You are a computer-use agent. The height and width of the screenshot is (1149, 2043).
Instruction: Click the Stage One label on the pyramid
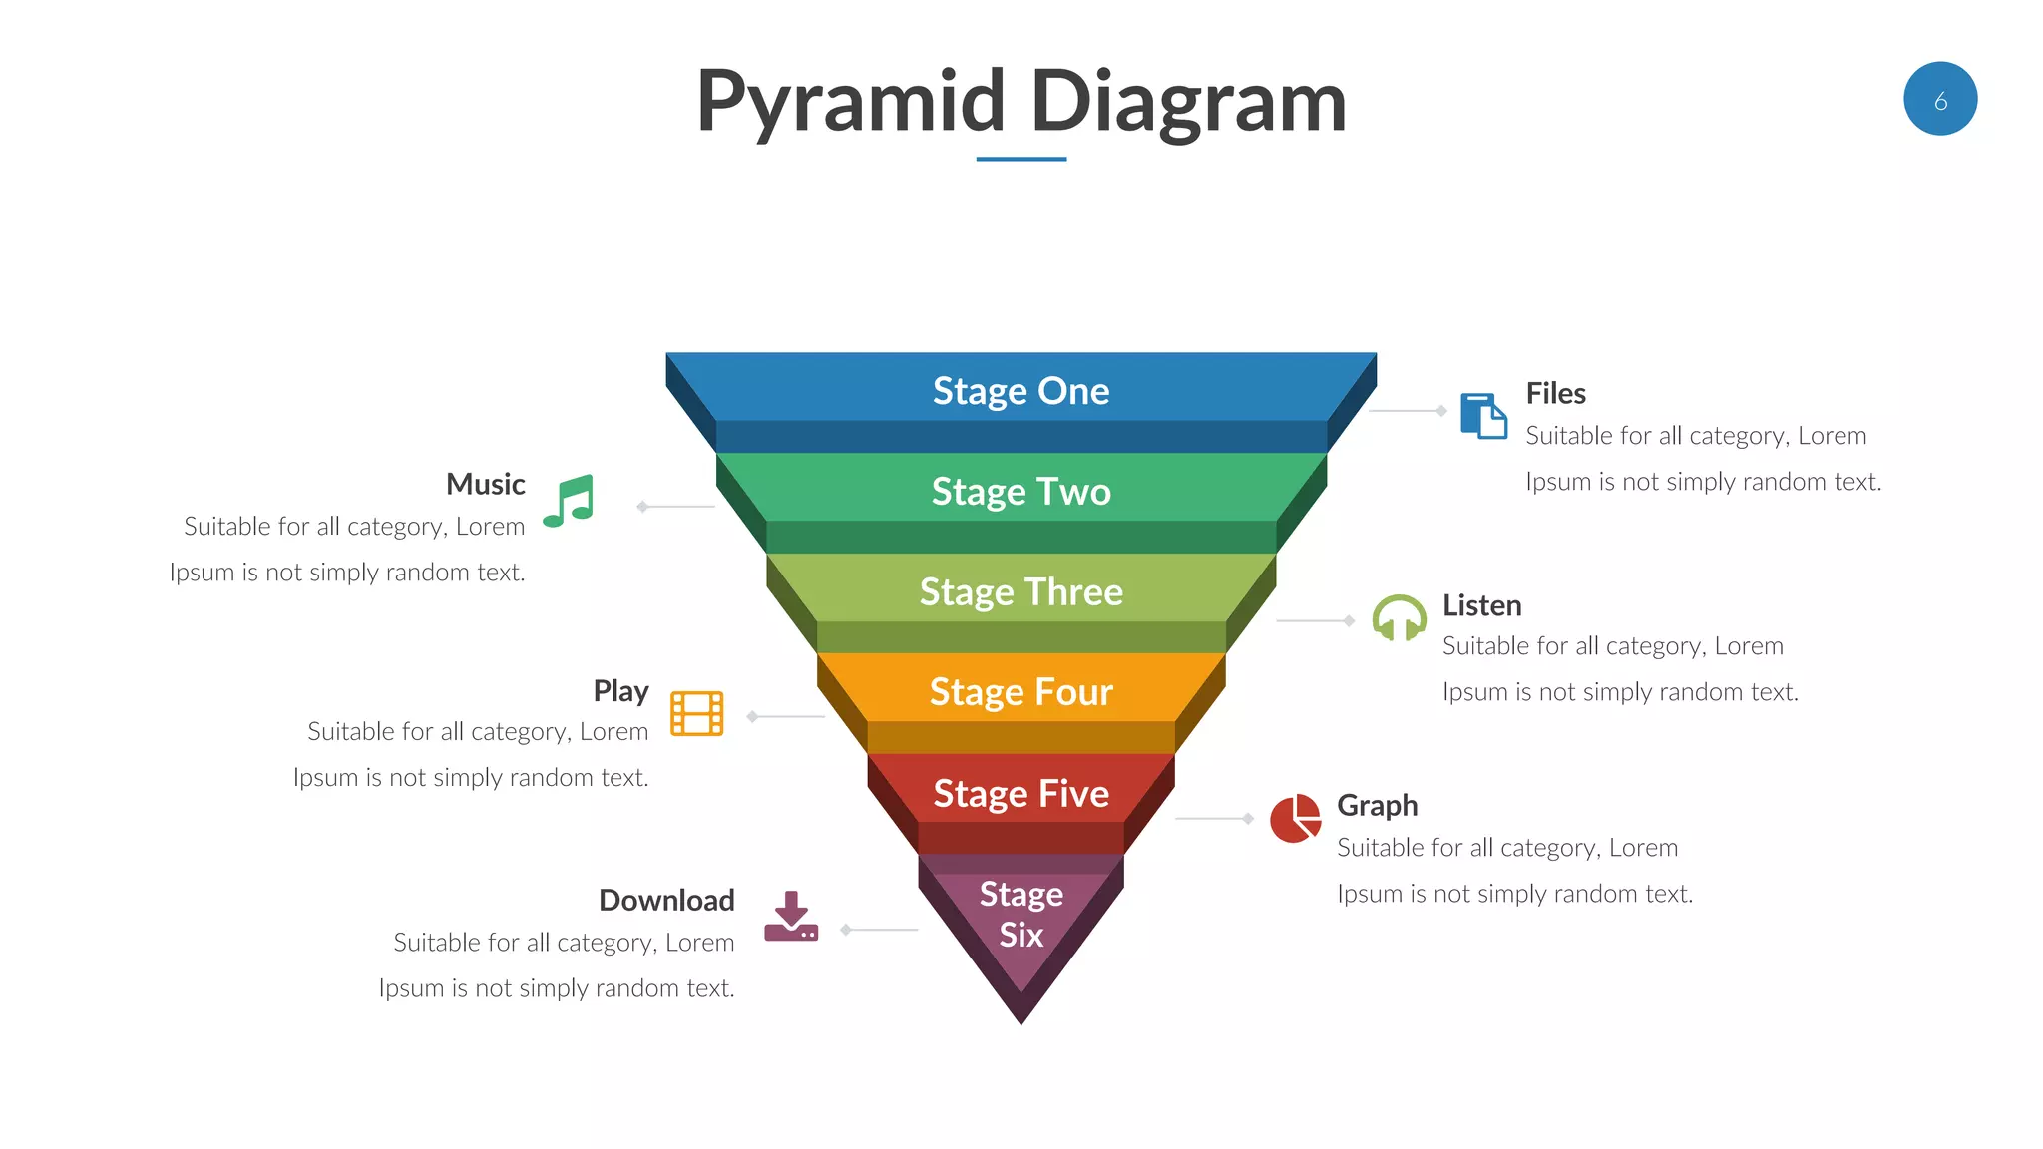click(1021, 391)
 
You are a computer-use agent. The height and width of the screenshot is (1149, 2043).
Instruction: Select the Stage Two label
click(1021, 492)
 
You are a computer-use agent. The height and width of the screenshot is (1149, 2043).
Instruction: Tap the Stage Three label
click(1021, 592)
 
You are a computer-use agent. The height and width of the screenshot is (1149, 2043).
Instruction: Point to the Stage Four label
click(1021, 692)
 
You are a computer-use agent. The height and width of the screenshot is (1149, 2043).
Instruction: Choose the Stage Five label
click(1021, 794)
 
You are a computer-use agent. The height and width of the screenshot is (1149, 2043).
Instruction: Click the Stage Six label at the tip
click(1021, 915)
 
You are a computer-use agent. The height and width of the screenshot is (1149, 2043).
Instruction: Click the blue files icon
click(1483, 415)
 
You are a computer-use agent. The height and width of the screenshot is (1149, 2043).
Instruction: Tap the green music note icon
click(570, 501)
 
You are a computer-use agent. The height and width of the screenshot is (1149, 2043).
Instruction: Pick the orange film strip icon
click(696, 713)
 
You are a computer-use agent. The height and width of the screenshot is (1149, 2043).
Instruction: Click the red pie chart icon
click(1295, 819)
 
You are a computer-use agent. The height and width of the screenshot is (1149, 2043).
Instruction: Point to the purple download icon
click(791, 917)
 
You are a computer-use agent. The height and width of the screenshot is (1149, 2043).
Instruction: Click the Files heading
click(1555, 394)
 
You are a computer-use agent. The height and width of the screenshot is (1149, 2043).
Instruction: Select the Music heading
click(486, 485)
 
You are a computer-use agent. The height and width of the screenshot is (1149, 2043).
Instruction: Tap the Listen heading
click(1481, 606)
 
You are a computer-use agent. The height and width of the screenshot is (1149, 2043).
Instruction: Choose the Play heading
click(620, 691)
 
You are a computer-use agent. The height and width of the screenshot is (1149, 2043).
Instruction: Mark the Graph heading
click(1377, 806)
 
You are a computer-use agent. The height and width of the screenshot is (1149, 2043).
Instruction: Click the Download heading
click(666, 901)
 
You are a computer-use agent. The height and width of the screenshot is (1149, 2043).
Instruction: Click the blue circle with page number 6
click(1939, 99)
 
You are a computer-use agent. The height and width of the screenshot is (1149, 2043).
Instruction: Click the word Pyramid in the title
click(851, 102)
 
